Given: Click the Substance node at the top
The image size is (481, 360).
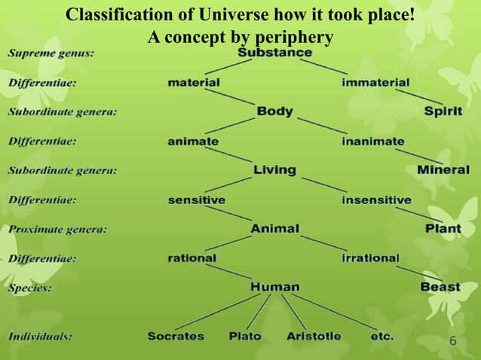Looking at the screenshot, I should click(x=274, y=53).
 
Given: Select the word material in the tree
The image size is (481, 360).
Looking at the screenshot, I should click(x=194, y=82).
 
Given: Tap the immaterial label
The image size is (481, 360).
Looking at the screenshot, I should click(x=375, y=82).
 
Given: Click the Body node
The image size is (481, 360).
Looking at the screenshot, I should click(x=274, y=111).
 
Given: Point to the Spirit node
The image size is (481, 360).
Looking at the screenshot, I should click(x=443, y=111).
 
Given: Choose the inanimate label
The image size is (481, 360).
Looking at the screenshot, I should click(x=372, y=141).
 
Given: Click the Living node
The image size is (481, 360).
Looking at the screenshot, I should click(x=274, y=170).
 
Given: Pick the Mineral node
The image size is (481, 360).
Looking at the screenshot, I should click(x=443, y=170).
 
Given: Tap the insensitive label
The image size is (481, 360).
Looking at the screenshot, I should click(x=376, y=200).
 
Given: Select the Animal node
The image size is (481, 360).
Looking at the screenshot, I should click(x=274, y=228).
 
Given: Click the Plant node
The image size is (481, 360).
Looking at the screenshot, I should click(x=443, y=228).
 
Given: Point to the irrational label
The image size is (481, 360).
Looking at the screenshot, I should click(x=370, y=258).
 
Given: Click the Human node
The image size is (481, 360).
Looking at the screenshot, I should click(x=274, y=287).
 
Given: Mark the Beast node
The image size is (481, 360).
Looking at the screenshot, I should click(x=440, y=287).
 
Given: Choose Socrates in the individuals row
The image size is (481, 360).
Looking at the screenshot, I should click(x=176, y=336).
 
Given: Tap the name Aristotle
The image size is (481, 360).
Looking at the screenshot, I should click(x=314, y=336).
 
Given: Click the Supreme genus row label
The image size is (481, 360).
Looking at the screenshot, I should click(x=52, y=53).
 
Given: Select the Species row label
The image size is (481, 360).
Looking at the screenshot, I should click(x=30, y=288).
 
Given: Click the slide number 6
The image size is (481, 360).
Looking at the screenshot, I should click(x=452, y=341).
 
